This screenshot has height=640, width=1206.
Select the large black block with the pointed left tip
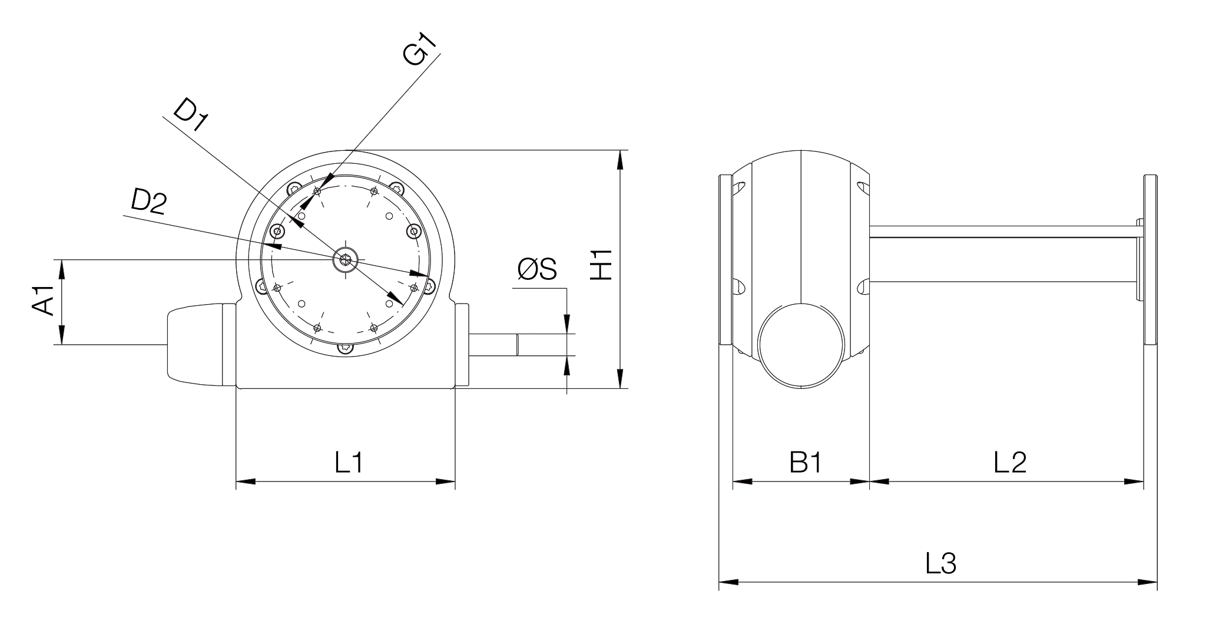[x=277, y=116]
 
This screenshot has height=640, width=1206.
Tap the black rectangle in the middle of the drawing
[x=567, y=266]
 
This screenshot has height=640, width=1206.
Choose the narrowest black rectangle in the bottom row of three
[x=826, y=461]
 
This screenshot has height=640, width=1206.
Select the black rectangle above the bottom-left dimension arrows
[x=393, y=461]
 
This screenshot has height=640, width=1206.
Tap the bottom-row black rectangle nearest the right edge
[x=1066, y=461]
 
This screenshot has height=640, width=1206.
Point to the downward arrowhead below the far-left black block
[x=61, y=335]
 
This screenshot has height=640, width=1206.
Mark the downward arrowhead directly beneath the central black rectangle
[x=566, y=322]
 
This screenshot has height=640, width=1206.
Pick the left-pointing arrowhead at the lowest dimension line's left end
[x=730, y=582]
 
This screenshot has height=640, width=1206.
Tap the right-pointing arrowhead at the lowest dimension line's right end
[x=1145, y=582]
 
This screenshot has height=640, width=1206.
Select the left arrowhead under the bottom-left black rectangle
[x=248, y=482]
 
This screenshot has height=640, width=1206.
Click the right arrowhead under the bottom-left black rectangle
[x=443, y=482]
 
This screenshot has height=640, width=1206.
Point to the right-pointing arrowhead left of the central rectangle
[x=417, y=274]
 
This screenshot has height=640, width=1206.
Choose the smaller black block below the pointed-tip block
[x=187, y=203]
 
